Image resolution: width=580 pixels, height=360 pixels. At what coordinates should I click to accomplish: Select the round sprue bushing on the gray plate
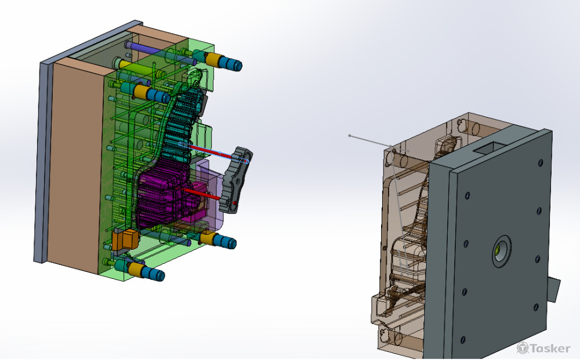tap(501, 250)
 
